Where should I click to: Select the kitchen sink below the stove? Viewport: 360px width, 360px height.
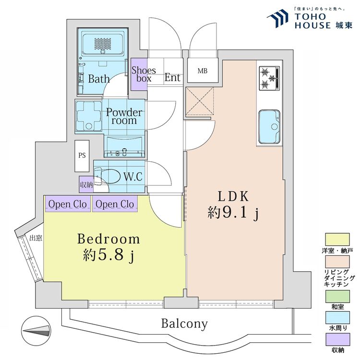[270, 127]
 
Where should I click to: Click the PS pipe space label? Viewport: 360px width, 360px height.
[82, 156]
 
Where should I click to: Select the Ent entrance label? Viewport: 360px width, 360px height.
[172, 77]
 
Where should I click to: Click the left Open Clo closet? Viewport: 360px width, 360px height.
[68, 204]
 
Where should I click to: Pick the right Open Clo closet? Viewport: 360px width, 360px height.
[115, 204]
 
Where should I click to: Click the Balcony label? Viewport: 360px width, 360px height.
[184, 324]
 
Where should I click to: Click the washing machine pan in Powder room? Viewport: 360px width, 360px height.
[89, 115]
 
